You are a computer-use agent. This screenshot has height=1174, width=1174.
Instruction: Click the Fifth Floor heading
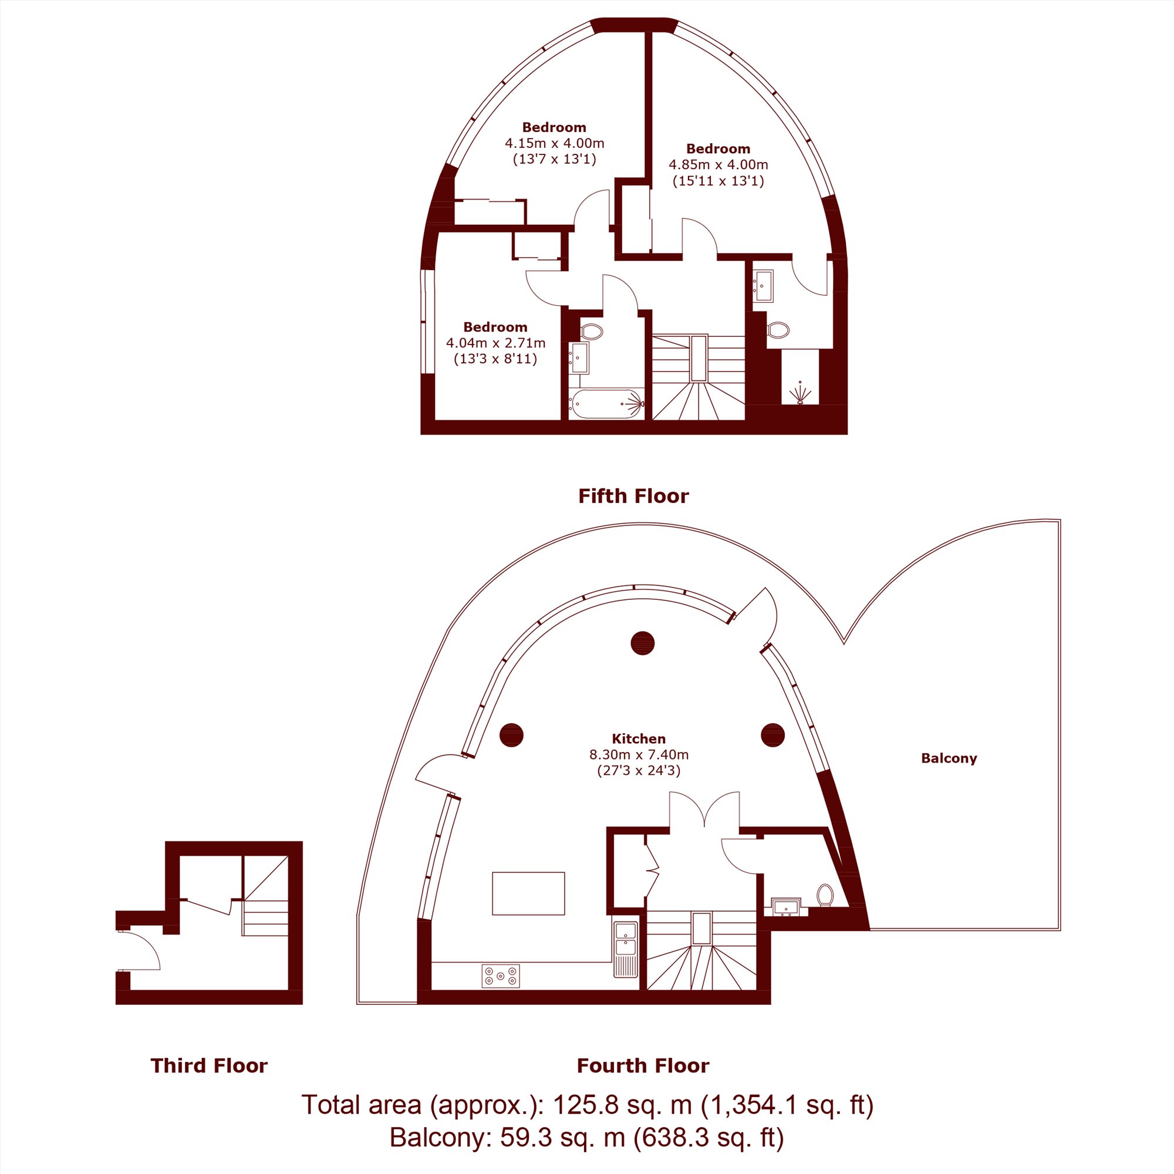(x=633, y=496)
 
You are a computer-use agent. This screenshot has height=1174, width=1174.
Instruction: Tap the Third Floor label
(x=209, y=1065)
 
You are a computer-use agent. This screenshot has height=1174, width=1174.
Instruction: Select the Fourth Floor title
(x=643, y=1065)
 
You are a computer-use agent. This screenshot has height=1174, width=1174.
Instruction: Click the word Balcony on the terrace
(x=949, y=758)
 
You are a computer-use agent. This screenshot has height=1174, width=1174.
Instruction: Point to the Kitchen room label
(x=639, y=739)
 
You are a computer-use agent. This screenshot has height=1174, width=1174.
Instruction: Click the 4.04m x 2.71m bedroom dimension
(x=496, y=343)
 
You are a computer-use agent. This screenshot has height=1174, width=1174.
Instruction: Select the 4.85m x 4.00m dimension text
(x=718, y=165)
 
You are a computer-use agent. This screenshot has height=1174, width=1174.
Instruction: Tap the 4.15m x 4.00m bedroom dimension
(x=555, y=143)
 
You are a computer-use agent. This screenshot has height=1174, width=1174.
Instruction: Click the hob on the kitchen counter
(x=501, y=976)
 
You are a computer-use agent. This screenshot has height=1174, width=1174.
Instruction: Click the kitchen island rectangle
(x=528, y=893)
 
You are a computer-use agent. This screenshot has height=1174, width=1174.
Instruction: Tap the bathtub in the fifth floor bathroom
(x=606, y=404)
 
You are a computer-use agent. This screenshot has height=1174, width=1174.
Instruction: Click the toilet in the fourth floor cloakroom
(x=825, y=895)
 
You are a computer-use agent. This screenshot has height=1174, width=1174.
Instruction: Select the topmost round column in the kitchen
(x=642, y=643)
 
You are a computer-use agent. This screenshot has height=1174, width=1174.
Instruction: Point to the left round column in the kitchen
(x=512, y=735)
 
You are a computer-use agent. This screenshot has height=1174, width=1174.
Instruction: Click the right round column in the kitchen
(x=773, y=735)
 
